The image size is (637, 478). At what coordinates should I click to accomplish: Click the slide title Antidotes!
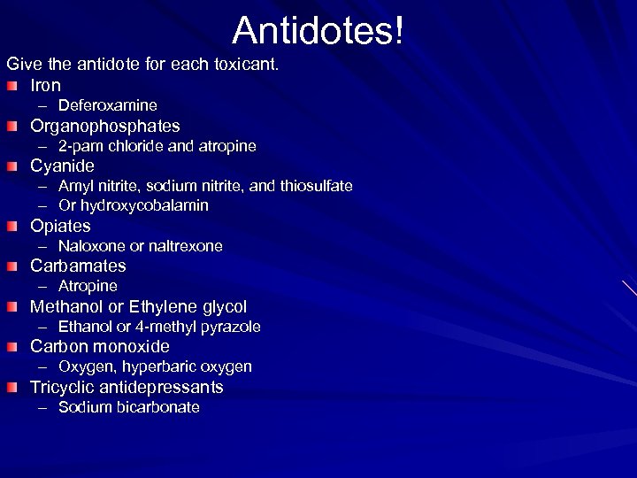click(318, 30)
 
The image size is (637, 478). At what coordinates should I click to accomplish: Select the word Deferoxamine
click(108, 105)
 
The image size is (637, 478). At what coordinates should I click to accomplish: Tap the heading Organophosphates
click(104, 126)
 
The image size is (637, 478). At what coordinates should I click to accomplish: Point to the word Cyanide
click(62, 166)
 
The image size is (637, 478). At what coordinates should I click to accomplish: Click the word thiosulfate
click(314, 186)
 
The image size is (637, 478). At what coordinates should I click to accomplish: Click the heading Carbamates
click(78, 266)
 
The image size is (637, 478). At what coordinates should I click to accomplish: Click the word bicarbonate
click(157, 407)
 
